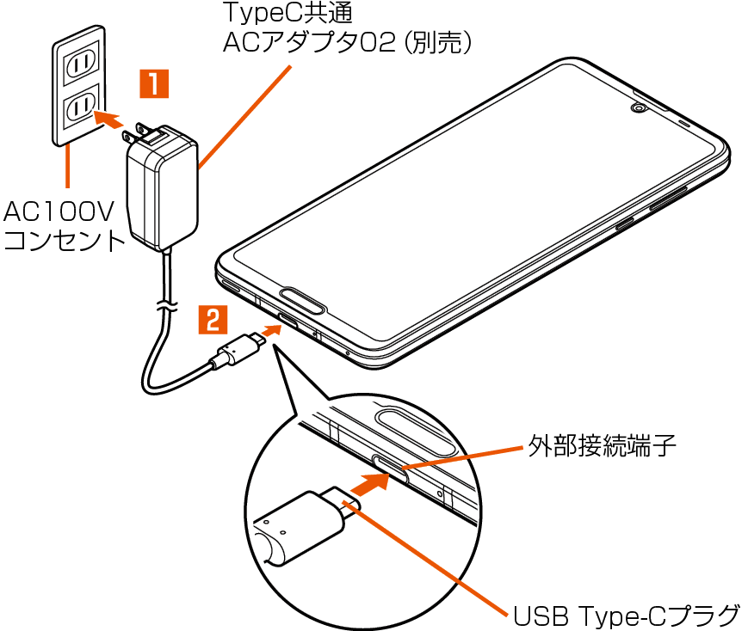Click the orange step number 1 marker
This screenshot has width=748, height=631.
[x=153, y=84]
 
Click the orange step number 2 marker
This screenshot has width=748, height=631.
[x=213, y=320]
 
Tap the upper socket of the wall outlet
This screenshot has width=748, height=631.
[x=80, y=63]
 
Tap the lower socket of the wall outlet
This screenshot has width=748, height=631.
[x=80, y=107]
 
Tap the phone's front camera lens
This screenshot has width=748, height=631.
[x=639, y=108]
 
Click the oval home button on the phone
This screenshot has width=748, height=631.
[x=301, y=302]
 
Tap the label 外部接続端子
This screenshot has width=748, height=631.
[x=602, y=447]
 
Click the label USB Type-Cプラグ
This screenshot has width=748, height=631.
[x=627, y=615]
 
